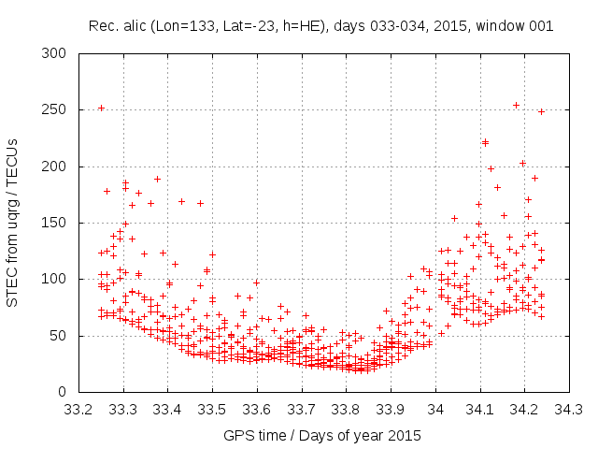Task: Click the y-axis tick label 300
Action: click(x=55, y=53)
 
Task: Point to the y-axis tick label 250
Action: click(x=55, y=109)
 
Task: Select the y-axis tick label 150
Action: click(x=55, y=223)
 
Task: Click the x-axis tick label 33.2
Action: click(x=78, y=409)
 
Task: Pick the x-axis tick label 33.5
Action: click(x=212, y=409)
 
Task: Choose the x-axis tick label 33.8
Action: click(x=346, y=409)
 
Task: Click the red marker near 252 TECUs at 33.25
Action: click(x=101, y=108)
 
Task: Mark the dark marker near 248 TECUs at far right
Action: click(x=540, y=111)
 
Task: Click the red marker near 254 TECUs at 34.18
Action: click(x=516, y=105)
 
